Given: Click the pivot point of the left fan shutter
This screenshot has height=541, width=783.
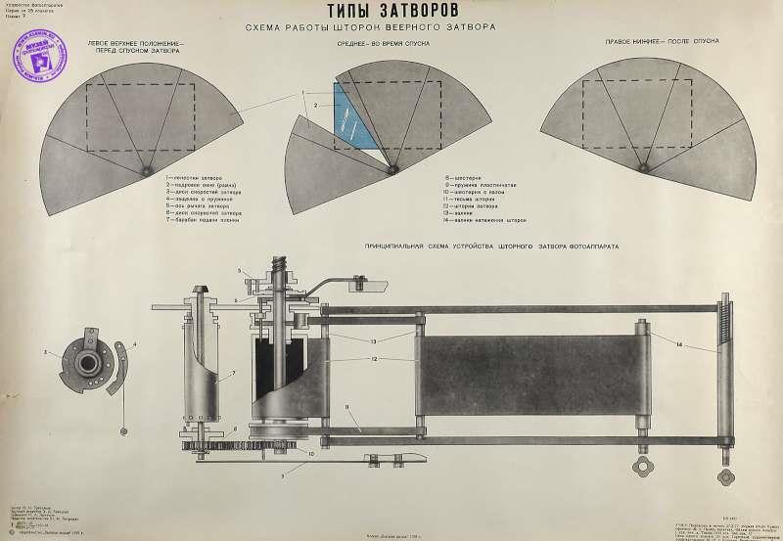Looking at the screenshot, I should point(146,171).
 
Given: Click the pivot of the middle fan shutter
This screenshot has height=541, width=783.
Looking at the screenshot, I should point(392,169).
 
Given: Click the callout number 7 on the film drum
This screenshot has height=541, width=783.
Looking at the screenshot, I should point(234,373).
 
